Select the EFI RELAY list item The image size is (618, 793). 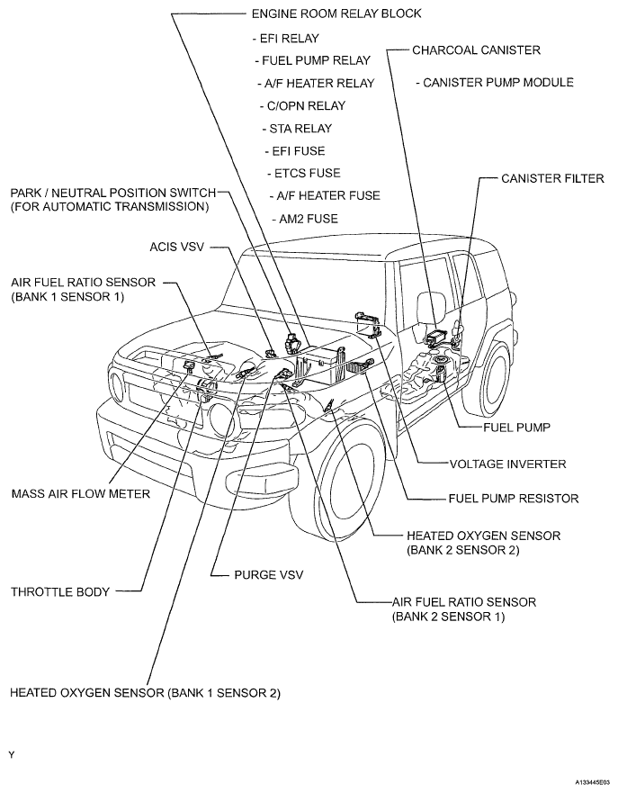point(288,39)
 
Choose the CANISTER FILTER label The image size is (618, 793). point(552,179)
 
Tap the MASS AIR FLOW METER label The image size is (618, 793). point(80,493)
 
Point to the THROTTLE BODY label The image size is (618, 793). point(59,592)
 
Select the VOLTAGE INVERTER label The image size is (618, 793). point(507,464)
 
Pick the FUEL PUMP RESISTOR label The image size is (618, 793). point(514,498)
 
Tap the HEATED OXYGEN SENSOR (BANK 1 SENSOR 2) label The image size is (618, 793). point(145,693)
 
